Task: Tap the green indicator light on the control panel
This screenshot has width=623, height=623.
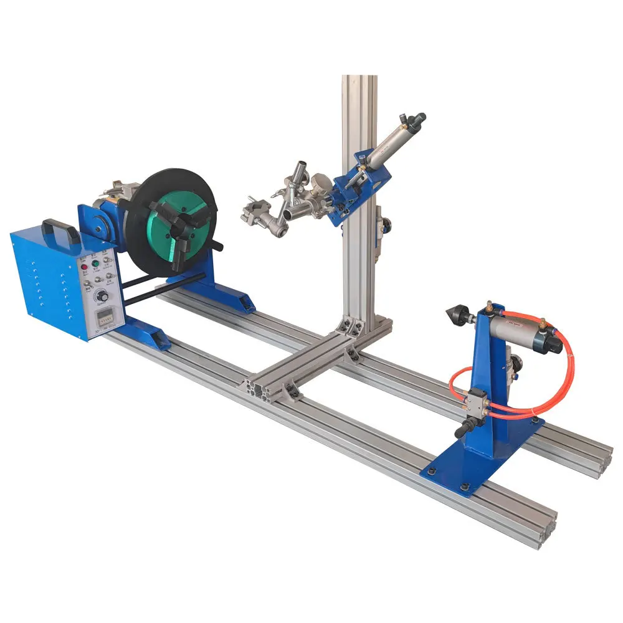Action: coord(96,265)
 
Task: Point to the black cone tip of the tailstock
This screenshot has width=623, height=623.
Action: coord(452,312)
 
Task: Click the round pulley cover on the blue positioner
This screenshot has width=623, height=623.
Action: coord(93,222)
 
